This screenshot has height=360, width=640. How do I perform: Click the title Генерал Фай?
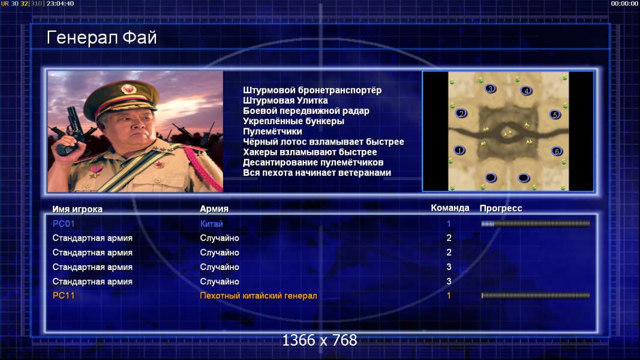tap(101, 38)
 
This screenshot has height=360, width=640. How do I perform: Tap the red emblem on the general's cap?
tap(128, 89)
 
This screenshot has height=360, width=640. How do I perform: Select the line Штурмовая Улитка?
tap(286, 100)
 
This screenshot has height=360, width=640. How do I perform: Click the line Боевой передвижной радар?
tap(306, 110)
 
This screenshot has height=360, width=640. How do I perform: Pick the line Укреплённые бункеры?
tap(293, 121)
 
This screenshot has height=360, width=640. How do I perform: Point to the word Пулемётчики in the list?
tap(272, 131)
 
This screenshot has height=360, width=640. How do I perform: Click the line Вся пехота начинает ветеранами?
tap(317, 173)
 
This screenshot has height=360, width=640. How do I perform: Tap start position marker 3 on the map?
tap(490, 89)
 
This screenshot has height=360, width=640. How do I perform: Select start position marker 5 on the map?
tap(555, 115)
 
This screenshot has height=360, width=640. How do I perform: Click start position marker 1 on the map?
tap(459, 150)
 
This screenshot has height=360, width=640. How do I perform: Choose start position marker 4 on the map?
tap(526, 91)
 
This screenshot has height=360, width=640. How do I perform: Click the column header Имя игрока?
tap(77, 209)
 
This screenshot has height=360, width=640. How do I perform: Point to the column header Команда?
tap(450, 208)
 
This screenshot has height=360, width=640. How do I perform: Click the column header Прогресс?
tap(501, 208)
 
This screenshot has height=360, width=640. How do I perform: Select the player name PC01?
tap(64, 224)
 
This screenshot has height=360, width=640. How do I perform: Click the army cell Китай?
tap(211, 224)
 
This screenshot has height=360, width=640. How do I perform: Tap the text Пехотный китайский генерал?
tap(259, 296)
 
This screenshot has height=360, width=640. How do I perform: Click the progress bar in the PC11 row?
tap(536, 296)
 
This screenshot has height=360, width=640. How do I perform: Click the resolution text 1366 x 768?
tap(320, 340)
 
